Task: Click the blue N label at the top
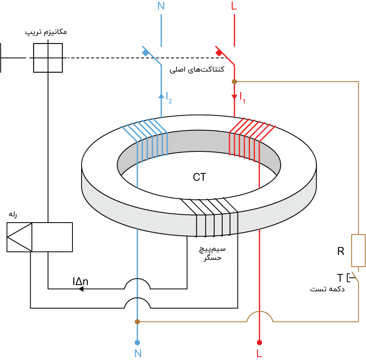161,6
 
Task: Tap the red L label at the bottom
259,354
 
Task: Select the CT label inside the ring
199,178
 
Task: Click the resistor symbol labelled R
358,250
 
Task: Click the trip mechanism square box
48,58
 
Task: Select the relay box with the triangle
40,237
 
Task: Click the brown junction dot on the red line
234,82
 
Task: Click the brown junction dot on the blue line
137,322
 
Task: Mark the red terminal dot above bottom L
259,343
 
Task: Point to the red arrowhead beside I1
234,98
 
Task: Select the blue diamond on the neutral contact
145,53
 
